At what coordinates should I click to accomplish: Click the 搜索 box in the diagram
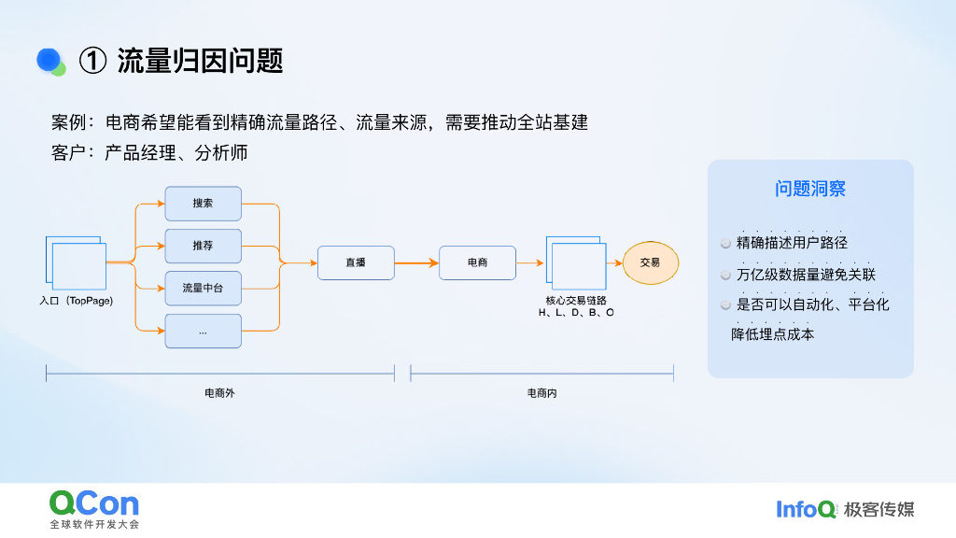(203, 204)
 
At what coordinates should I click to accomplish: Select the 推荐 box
(203, 246)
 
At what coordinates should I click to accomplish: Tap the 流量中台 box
(203, 289)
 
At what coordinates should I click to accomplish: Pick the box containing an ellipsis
(203, 332)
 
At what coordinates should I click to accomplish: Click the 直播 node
(356, 263)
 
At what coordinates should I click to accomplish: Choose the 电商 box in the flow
(477, 263)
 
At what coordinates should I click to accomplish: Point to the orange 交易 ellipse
(650, 263)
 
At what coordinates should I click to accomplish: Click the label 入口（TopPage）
(77, 302)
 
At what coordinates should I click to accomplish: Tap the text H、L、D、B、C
(576, 313)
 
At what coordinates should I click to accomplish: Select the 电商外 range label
(219, 393)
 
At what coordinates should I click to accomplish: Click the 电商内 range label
(542, 393)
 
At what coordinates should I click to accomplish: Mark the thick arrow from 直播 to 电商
(416, 263)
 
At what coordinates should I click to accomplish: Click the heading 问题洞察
(810, 189)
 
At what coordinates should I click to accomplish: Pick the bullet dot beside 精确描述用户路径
(725, 244)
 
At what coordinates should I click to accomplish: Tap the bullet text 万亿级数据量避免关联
(806, 275)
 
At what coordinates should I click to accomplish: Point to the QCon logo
(94, 504)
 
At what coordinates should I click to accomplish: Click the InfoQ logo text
(806, 509)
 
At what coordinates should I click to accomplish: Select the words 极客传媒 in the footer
(879, 509)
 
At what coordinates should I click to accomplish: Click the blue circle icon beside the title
(49, 60)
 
